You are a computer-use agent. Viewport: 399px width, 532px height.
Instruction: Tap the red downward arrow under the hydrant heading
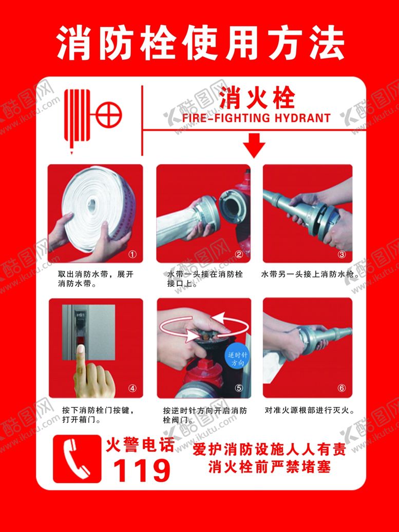click(x=254, y=145)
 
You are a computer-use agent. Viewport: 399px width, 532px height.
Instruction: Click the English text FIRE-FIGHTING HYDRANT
click(x=256, y=118)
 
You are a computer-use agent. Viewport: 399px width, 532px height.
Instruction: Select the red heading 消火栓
click(x=257, y=98)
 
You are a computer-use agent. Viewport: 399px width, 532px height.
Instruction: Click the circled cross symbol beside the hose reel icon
click(x=108, y=115)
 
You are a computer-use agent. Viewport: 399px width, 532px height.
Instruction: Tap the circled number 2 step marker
click(x=239, y=254)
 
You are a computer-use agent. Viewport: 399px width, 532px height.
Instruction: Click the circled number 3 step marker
click(x=341, y=254)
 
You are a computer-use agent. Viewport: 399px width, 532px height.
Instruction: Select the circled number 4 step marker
click(x=132, y=388)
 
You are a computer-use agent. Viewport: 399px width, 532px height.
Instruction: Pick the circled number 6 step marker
click(x=341, y=388)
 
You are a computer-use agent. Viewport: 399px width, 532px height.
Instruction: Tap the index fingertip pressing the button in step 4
click(x=81, y=349)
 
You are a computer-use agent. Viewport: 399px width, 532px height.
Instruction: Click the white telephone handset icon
click(x=77, y=459)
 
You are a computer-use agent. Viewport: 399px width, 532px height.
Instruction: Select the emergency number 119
click(x=141, y=470)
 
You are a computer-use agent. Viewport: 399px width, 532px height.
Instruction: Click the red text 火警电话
click(x=140, y=445)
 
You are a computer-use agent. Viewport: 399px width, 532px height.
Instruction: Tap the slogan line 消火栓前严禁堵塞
click(x=269, y=467)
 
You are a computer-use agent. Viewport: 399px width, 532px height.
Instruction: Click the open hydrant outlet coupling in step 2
click(x=234, y=206)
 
